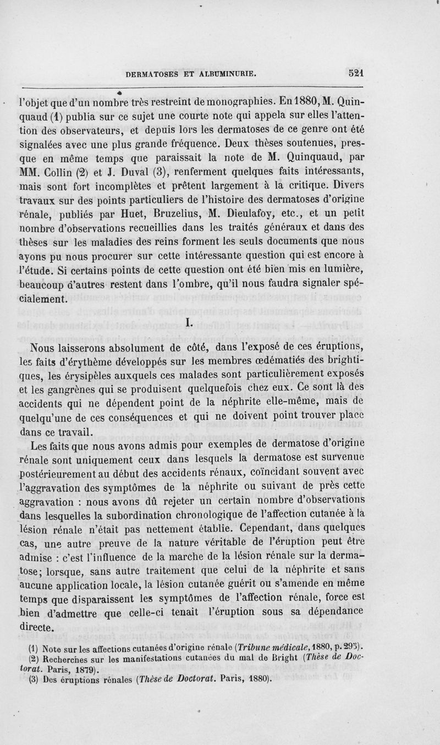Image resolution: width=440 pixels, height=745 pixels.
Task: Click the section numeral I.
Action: tap(189, 324)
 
